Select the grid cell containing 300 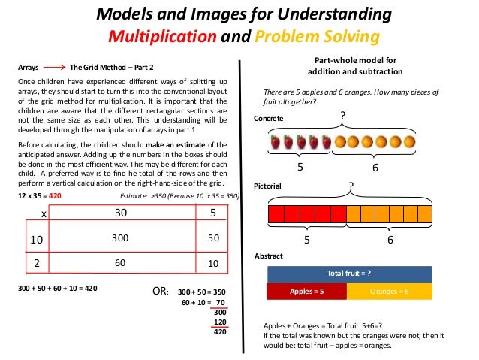(120, 237)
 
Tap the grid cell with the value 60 (120, 264)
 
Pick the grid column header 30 (120, 213)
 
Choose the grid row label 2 (35, 264)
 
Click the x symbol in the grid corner (44, 213)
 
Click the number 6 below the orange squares (390, 240)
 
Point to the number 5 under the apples (300, 168)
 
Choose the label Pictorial (269, 183)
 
